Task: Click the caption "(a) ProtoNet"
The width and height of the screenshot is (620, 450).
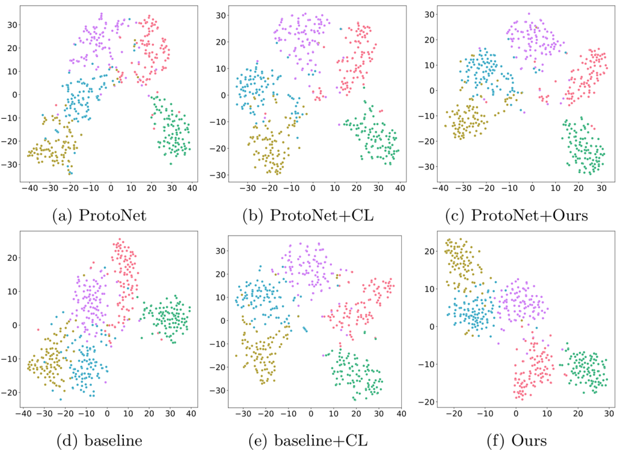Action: [100, 216]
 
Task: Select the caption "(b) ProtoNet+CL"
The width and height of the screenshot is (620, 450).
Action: [307, 216]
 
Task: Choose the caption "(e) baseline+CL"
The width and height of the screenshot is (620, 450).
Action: [307, 441]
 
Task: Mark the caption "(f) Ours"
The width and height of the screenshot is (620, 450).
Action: [515, 441]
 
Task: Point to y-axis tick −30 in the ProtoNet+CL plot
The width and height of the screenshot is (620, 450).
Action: [218, 175]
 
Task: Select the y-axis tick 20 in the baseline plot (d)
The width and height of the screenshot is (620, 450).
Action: [13, 258]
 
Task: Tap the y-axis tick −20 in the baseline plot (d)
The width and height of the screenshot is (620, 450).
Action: [10, 392]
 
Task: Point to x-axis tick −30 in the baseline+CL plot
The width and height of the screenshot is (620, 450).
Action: [243, 412]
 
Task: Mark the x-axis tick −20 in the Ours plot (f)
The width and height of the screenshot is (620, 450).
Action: [454, 412]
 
